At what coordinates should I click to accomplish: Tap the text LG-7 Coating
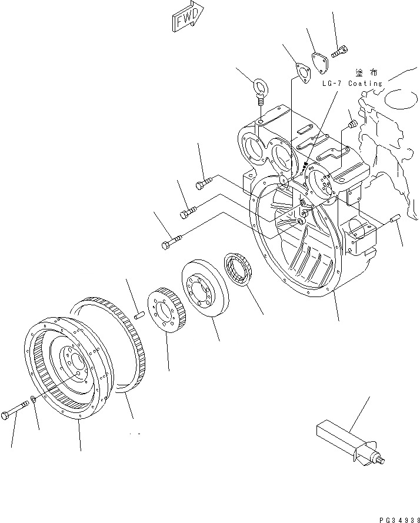point(352,84)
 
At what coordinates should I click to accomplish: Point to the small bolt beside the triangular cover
point(339,53)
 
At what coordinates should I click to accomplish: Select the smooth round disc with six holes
point(202,289)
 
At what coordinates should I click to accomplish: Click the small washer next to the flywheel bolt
point(35,400)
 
